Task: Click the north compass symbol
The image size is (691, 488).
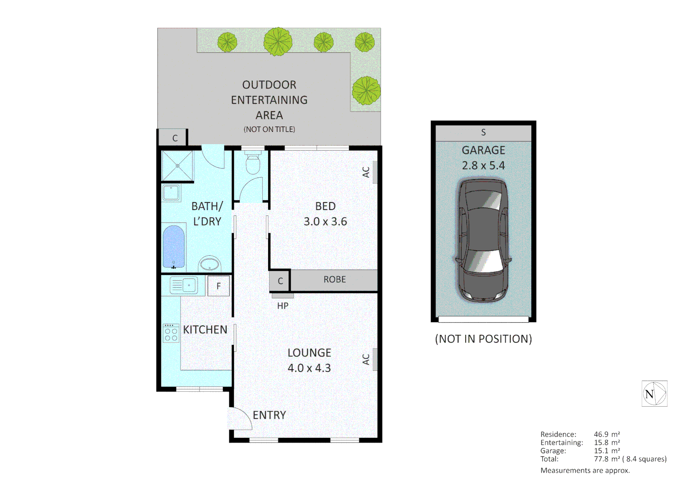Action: tap(654, 394)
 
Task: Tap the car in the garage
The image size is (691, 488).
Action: tap(483, 239)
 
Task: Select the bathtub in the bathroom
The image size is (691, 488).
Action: tap(173, 247)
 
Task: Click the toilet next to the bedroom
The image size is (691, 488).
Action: tap(252, 163)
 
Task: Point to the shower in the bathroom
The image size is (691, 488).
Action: tap(177, 166)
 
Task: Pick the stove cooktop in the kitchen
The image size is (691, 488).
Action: tap(171, 333)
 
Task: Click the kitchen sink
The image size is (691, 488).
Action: tap(184, 285)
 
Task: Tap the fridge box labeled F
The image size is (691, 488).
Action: tap(218, 286)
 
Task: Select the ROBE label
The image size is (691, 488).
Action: tap(334, 280)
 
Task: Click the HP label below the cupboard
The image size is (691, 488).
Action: tap(283, 306)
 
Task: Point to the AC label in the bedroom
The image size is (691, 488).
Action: tap(366, 172)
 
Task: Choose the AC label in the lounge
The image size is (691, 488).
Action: tap(366, 359)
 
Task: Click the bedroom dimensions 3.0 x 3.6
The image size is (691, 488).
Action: tap(325, 221)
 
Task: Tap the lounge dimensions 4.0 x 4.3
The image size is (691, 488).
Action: tap(309, 368)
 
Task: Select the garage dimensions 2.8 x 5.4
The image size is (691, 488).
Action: tap(483, 165)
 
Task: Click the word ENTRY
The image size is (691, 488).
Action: tap(269, 415)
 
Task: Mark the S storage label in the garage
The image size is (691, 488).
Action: tap(483, 132)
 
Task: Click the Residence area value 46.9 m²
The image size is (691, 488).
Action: tap(606, 434)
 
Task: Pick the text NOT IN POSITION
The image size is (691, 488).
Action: tap(483, 339)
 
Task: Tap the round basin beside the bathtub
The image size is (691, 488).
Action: tap(209, 264)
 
